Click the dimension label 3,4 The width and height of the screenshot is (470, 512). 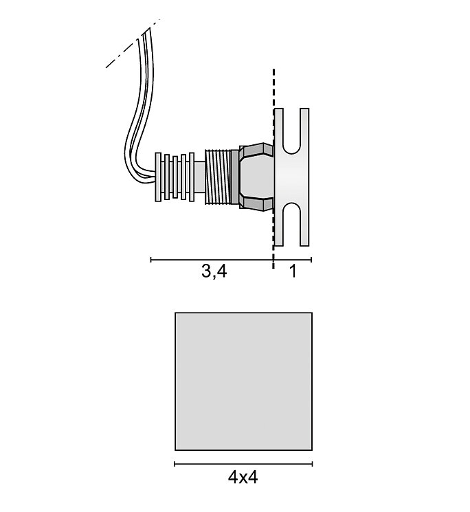click(x=214, y=271)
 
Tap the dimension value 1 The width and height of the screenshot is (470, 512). click(x=293, y=271)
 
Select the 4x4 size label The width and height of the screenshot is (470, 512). click(x=243, y=476)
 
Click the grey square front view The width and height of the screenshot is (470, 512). click(x=243, y=380)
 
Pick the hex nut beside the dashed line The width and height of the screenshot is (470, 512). click(x=256, y=177)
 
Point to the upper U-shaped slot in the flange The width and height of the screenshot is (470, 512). click(x=291, y=134)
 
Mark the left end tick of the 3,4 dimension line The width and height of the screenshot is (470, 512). click(x=151, y=260)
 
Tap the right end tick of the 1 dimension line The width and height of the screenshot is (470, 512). click(x=311, y=260)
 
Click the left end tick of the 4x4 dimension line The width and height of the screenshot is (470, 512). click(x=175, y=464)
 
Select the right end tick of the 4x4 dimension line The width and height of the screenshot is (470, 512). click(x=312, y=464)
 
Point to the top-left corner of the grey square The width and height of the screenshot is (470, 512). click(x=176, y=313)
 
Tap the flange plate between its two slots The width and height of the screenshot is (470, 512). click(x=292, y=177)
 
